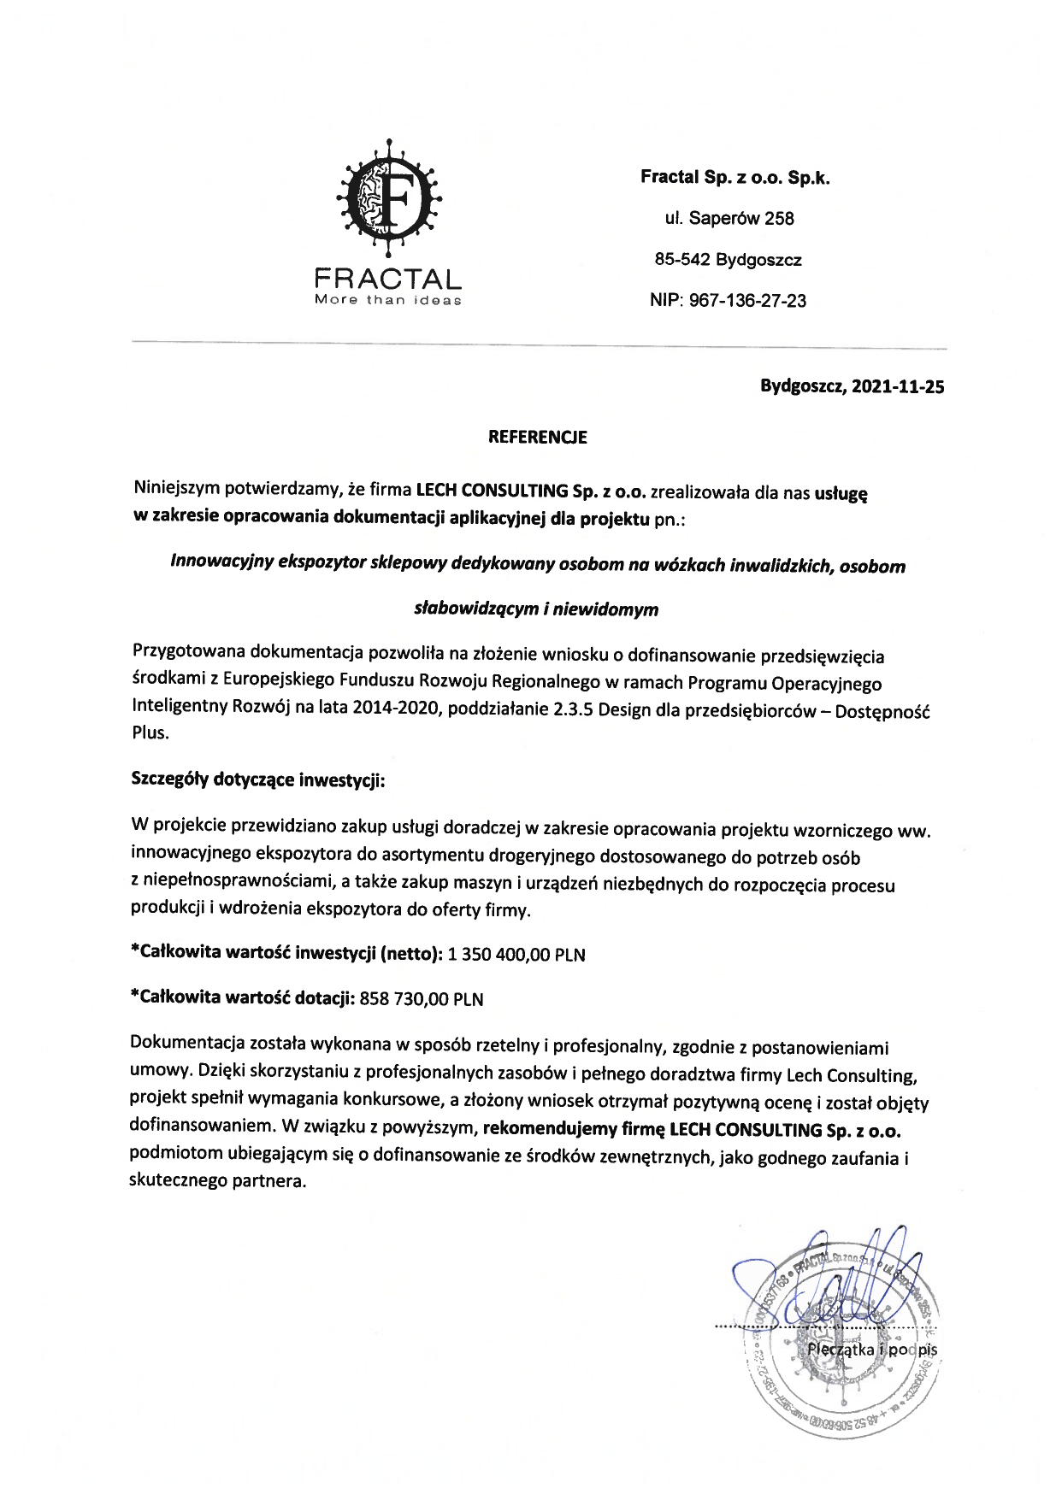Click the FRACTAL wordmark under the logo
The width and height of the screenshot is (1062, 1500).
click(x=388, y=279)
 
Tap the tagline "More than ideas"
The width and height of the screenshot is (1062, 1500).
click(x=388, y=300)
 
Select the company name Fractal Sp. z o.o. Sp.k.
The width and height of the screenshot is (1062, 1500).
click(x=735, y=179)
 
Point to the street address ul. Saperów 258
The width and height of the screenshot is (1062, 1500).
click(x=729, y=219)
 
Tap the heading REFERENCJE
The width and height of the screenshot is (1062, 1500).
click(x=537, y=438)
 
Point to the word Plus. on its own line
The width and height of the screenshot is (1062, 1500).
click(x=150, y=732)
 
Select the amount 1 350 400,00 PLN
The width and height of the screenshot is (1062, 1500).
click(x=517, y=955)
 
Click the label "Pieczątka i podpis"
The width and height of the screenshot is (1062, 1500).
click(x=872, y=1350)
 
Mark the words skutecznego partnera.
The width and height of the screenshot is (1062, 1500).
click(x=217, y=1182)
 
